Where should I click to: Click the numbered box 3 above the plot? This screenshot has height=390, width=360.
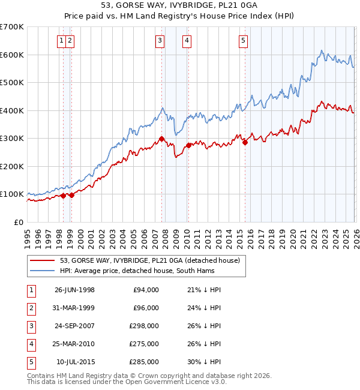(160, 41)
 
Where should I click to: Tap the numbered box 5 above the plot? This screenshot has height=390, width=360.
(243, 41)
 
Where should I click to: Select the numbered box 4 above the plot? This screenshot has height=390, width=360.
(187, 41)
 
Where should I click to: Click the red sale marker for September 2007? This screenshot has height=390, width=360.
(162, 139)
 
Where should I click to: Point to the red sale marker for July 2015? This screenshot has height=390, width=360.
(245, 143)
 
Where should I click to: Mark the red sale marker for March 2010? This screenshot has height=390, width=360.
(188, 145)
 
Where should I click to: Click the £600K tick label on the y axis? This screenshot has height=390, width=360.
(12, 55)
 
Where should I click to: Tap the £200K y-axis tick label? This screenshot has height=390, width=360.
(12, 166)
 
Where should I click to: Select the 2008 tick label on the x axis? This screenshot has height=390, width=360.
(165, 236)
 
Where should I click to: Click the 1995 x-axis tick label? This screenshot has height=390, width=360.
(28, 236)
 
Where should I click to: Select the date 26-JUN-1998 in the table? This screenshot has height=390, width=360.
(74, 290)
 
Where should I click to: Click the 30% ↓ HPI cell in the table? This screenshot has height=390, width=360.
(204, 362)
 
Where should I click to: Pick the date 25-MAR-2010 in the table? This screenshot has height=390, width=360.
(74, 344)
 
